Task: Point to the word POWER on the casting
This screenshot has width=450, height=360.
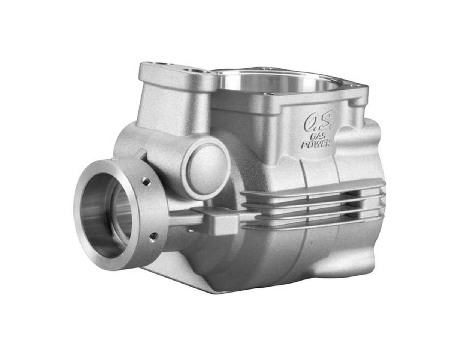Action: click(316, 144)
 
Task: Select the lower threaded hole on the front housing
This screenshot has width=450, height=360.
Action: click(153, 236)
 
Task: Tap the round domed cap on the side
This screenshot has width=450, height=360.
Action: click(206, 165)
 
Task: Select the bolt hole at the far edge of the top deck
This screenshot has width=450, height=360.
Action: click(267, 68)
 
